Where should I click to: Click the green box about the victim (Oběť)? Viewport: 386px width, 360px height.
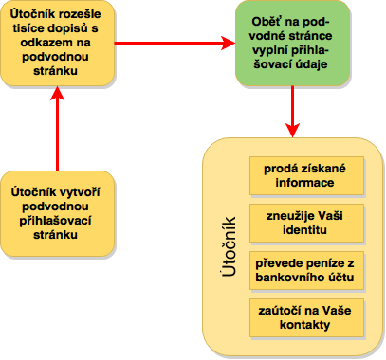point(293,43)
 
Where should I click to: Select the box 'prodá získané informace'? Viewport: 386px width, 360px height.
point(306,175)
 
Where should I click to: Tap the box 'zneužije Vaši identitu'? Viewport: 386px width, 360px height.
point(306,223)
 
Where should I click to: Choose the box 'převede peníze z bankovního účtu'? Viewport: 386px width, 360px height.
point(306,270)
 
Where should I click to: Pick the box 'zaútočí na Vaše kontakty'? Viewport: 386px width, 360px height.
point(306,317)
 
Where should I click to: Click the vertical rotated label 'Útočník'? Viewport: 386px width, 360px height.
point(229,246)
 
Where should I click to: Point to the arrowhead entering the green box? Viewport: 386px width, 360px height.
point(229,43)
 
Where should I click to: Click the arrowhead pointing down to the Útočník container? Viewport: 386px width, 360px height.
point(293,130)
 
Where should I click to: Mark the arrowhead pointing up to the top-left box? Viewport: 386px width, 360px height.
point(57,93)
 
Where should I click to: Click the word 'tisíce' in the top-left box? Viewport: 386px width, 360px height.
point(28,28)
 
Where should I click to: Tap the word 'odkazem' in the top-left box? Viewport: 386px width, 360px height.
point(42,43)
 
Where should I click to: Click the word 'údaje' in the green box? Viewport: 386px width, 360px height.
point(311,64)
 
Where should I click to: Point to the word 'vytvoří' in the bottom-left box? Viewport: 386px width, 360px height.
point(80,192)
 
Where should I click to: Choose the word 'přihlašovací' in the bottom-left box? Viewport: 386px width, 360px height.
point(55,221)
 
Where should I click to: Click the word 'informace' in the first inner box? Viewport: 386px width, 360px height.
point(304,183)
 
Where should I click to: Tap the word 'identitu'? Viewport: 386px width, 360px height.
point(304,230)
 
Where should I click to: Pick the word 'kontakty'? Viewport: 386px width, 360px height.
point(304,325)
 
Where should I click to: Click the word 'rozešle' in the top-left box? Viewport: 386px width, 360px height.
point(81,14)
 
